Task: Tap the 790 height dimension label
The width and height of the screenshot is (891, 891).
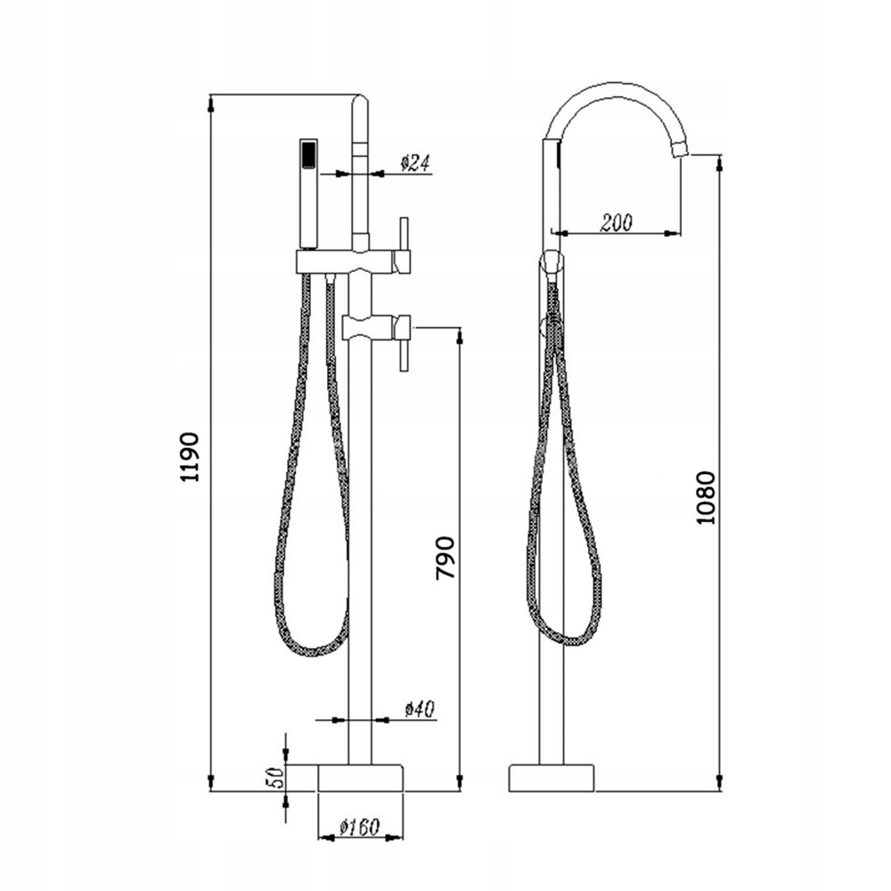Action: (445, 558)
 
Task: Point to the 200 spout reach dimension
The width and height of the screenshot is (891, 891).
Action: (617, 222)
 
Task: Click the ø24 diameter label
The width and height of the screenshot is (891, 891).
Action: (415, 163)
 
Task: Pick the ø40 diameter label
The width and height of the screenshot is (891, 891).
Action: (420, 710)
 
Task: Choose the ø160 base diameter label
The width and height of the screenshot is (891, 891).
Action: (359, 826)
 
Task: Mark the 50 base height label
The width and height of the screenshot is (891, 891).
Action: (274, 776)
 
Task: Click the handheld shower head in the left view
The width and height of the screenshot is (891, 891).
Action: (308, 192)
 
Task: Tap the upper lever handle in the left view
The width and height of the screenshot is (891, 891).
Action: (403, 244)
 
